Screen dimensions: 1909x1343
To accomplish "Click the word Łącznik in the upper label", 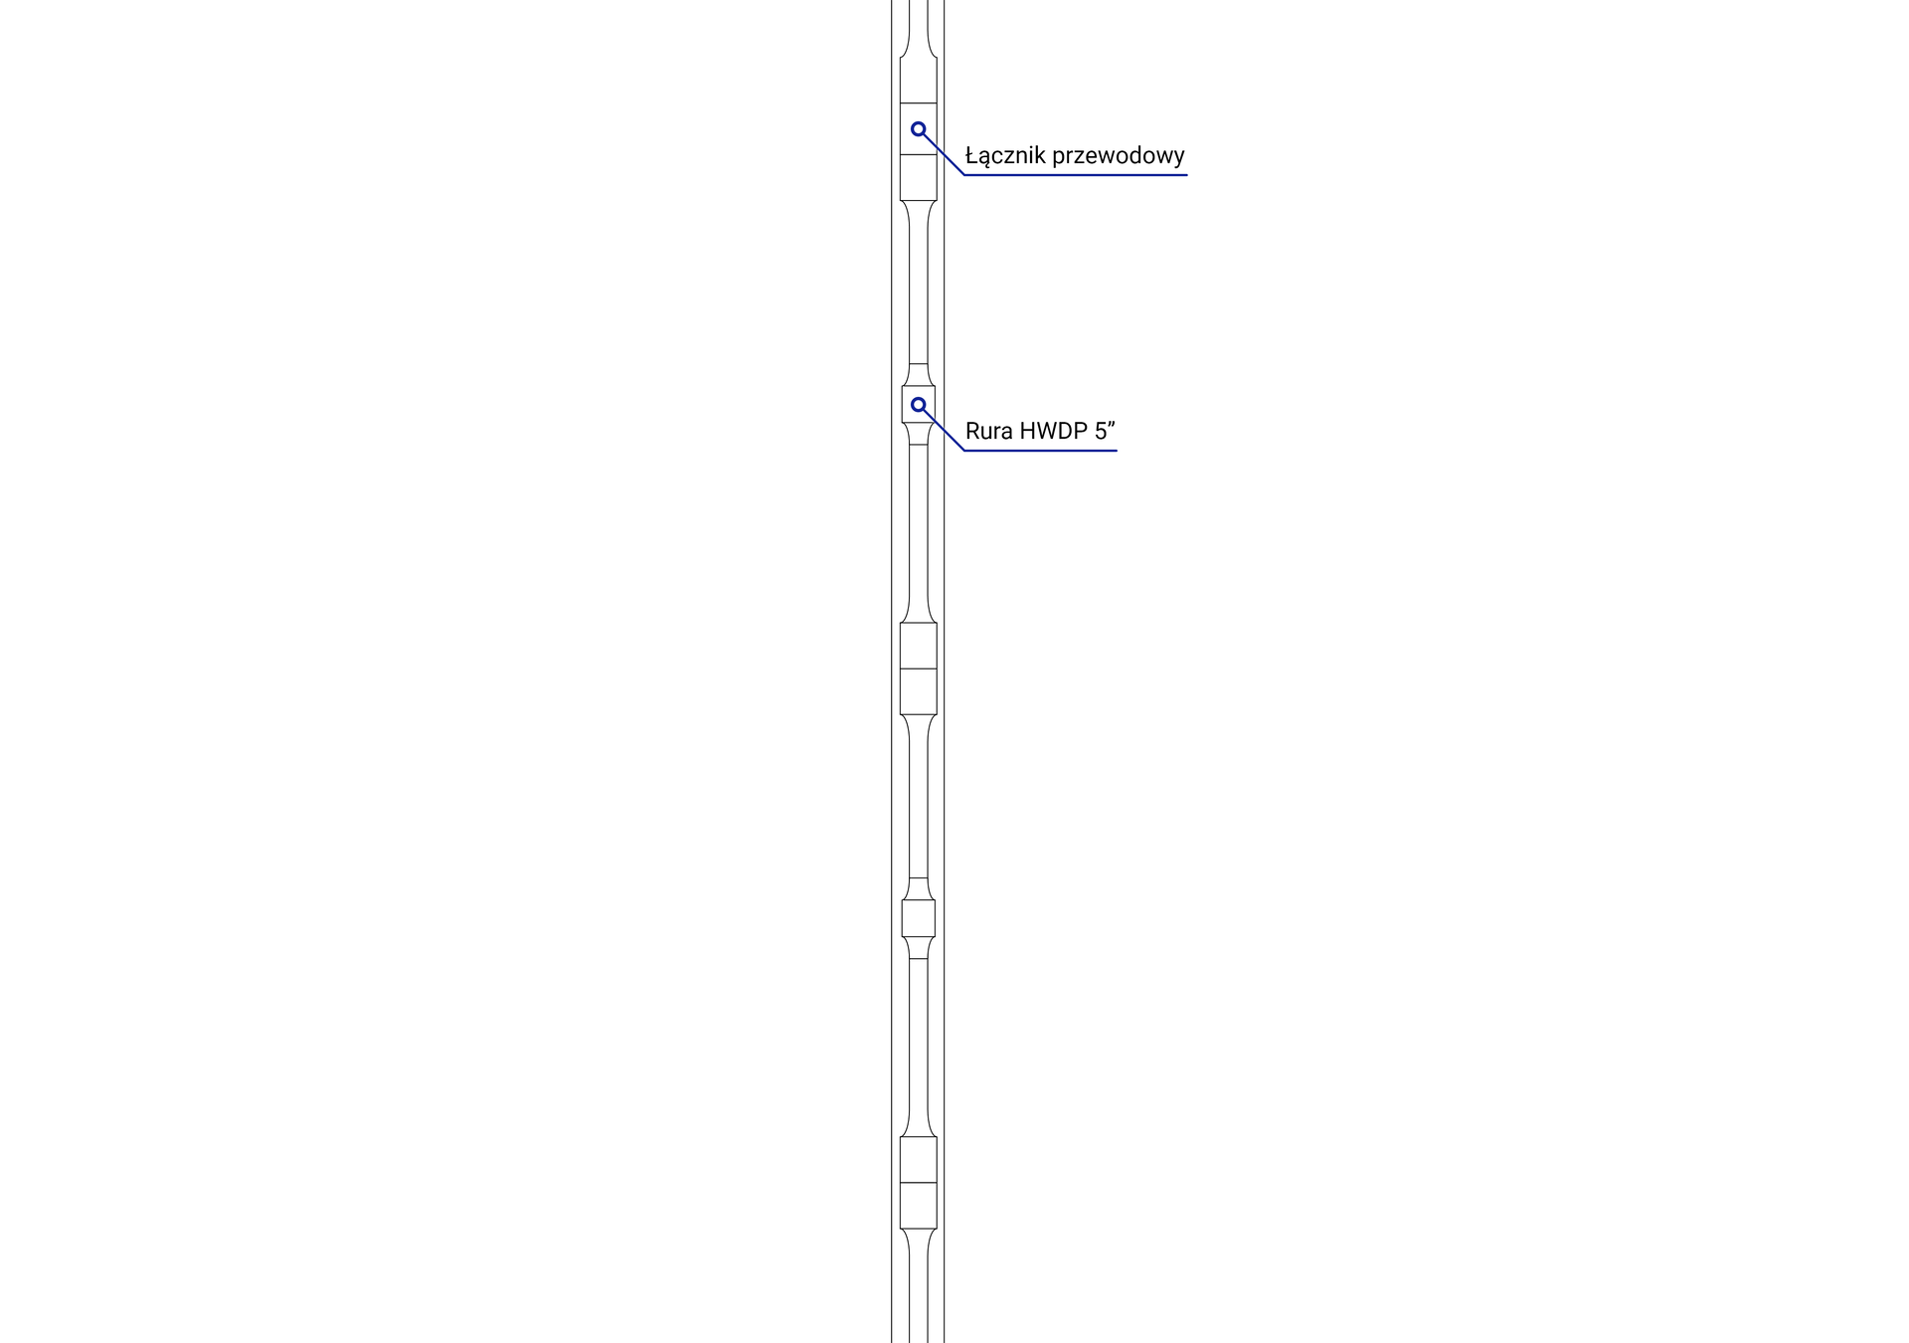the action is pos(1005,155).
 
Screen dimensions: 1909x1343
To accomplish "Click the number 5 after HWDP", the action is pos(1100,432).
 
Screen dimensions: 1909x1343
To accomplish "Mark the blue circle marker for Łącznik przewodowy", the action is pos(919,129).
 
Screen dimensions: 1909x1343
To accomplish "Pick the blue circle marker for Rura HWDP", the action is pos(919,405).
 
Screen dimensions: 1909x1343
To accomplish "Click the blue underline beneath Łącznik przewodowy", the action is pos(1076,175).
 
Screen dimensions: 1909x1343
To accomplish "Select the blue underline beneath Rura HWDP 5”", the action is pos(1040,451).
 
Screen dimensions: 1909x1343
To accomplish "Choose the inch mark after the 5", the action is pos(1112,425).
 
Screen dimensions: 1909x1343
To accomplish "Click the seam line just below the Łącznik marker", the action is pos(919,154).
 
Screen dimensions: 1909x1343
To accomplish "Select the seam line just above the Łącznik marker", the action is pos(919,103).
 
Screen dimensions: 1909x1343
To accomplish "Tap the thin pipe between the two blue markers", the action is pos(919,284).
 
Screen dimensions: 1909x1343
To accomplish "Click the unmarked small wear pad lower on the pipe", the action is pos(919,918).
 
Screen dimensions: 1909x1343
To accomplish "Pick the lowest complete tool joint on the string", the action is pos(919,1183).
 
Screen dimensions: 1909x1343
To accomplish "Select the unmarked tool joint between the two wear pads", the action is pos(919,669).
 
